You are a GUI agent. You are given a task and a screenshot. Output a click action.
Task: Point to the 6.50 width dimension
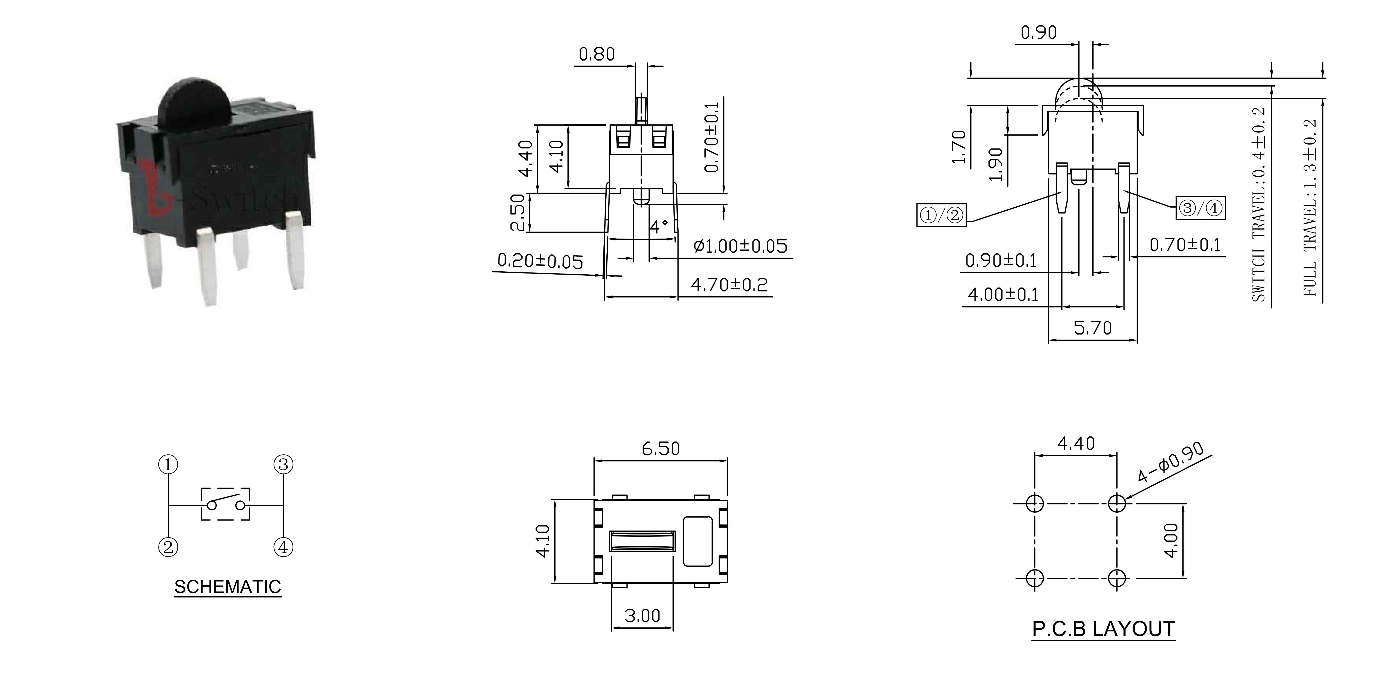pyautogui.click(x=660, y=449)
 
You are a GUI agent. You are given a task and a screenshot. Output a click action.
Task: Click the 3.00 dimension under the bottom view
pyautogui.click(x=642, y=615)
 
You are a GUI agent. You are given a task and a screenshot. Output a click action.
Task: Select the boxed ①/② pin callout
pyautogui.click(x=941, y=215)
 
